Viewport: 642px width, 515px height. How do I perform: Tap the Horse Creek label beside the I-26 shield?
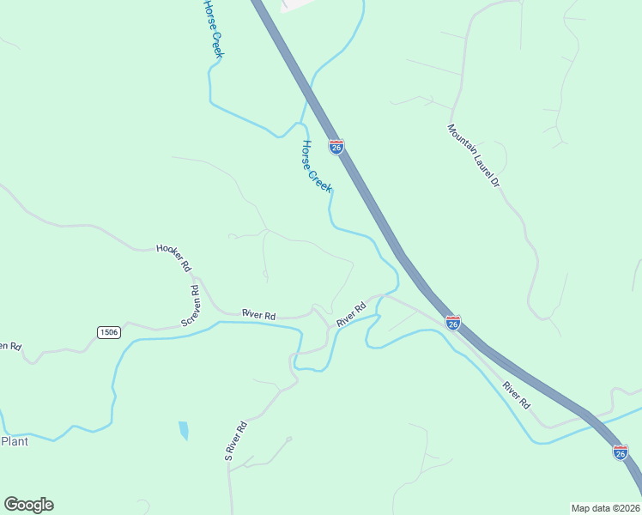point(315,167)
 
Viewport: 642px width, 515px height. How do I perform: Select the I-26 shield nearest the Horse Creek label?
point(336,148)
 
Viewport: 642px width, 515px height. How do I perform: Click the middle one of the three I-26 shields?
point(453,322)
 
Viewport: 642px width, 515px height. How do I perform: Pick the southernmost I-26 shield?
point(620,451)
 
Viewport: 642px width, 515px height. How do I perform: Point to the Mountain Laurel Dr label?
point(473,155)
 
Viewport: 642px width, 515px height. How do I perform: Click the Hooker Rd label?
point(173,257)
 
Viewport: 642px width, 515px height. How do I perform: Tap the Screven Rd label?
point(191,305)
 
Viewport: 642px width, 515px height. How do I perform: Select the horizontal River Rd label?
point(258,315)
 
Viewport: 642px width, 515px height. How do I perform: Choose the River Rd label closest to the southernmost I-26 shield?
point(517,393)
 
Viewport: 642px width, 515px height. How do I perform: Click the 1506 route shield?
point(109,332)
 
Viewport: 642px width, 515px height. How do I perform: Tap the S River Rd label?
point(236,440)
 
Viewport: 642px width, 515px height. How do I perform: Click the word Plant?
point(15,441)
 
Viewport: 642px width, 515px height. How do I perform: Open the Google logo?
point(28,505)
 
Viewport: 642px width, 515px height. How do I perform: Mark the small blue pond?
point(183,430)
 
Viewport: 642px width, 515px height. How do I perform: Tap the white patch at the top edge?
point(297,4)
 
